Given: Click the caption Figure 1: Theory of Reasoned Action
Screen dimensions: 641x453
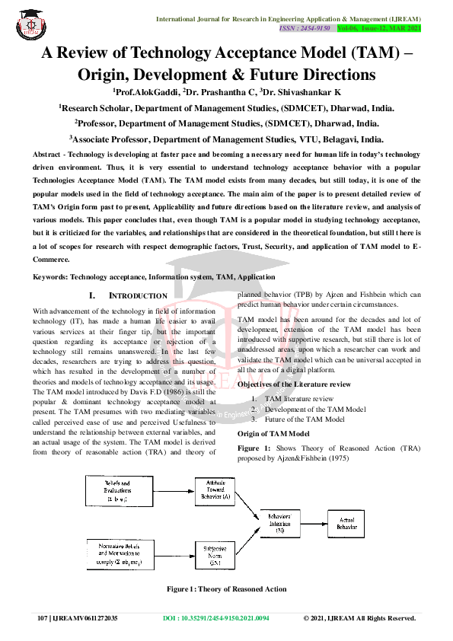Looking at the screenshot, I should click(x=227, y=588).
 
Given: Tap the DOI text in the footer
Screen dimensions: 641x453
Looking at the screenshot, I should click(x=216, y=618).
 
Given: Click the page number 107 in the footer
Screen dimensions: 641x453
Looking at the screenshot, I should click(x=43, y=618).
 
